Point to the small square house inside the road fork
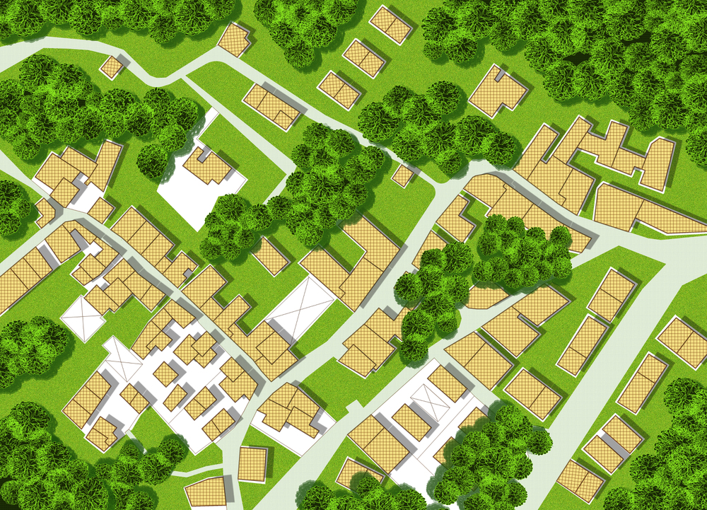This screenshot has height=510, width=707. [x=402, y=175]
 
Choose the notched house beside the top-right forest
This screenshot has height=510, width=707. [x=497, y=91]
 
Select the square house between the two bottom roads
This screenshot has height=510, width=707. [x=252, y=463]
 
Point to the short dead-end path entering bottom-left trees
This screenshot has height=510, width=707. [x=191, y=473]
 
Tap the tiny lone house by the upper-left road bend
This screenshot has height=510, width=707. [x=112, y=67]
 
